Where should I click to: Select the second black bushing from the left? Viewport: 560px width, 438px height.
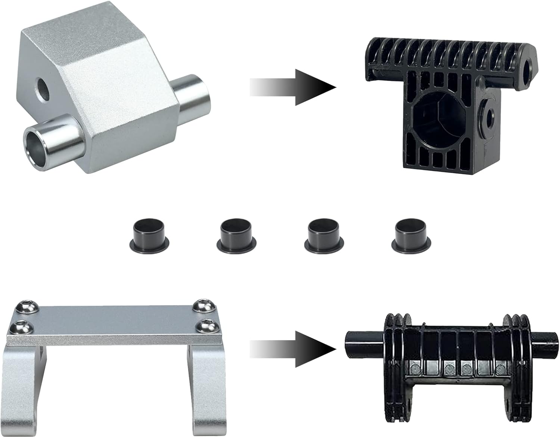236,234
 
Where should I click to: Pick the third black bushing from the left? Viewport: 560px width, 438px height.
323,234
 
